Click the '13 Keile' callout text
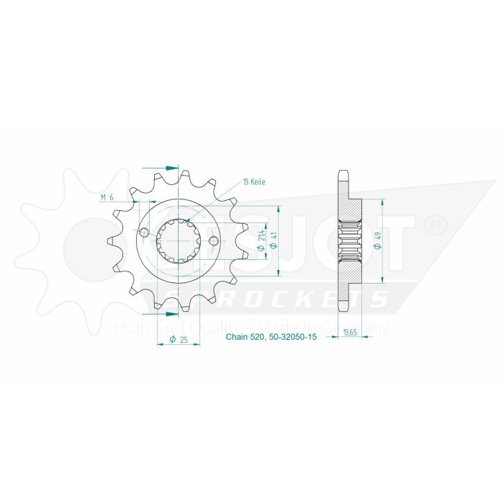coord(254,182)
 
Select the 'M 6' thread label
coord(107,197)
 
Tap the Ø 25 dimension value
coord(177,339)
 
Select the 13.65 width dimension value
coord(350,332)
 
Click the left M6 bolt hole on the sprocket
coord(144,233)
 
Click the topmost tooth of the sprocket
coord(184,176)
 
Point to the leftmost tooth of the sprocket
coord(112,240)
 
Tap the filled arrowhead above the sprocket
coord(171,168)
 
